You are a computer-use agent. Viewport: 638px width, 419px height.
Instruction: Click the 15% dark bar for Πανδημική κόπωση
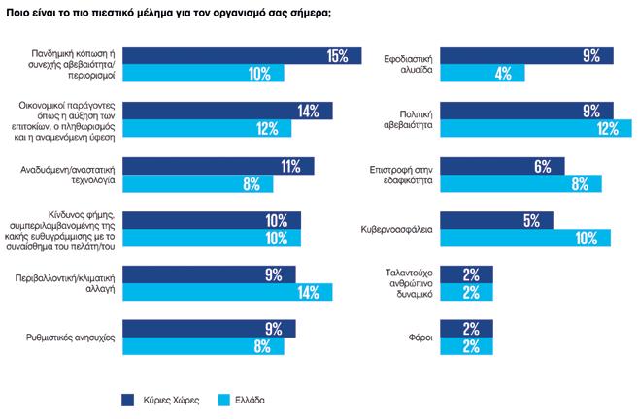(243, 55)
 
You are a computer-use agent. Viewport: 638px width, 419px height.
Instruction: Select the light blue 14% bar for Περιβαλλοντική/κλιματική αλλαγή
(227, 292)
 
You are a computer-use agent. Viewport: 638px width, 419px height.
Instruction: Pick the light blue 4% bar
(473, 74)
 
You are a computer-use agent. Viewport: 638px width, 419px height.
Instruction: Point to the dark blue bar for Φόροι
(466, 329)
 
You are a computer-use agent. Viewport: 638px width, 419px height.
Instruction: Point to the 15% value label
(337, 56)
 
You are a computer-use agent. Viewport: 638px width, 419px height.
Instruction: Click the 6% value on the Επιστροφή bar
(543, 166)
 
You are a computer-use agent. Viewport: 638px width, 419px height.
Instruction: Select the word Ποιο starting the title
(18, 13)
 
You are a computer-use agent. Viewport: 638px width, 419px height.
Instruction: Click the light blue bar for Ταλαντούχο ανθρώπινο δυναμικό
(466, 292)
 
